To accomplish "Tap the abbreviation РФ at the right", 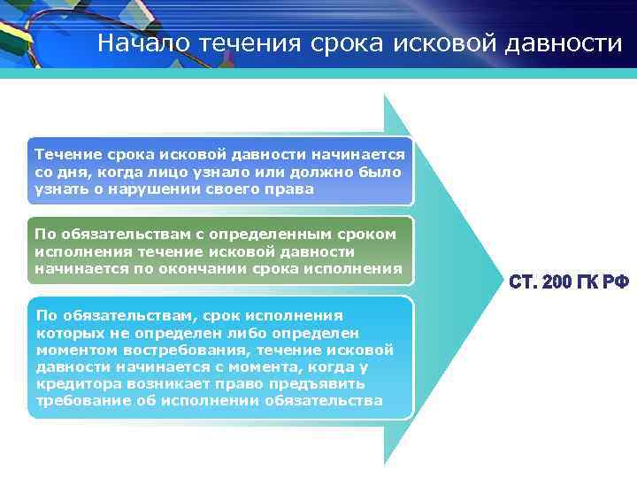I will [x=618, y=282].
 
